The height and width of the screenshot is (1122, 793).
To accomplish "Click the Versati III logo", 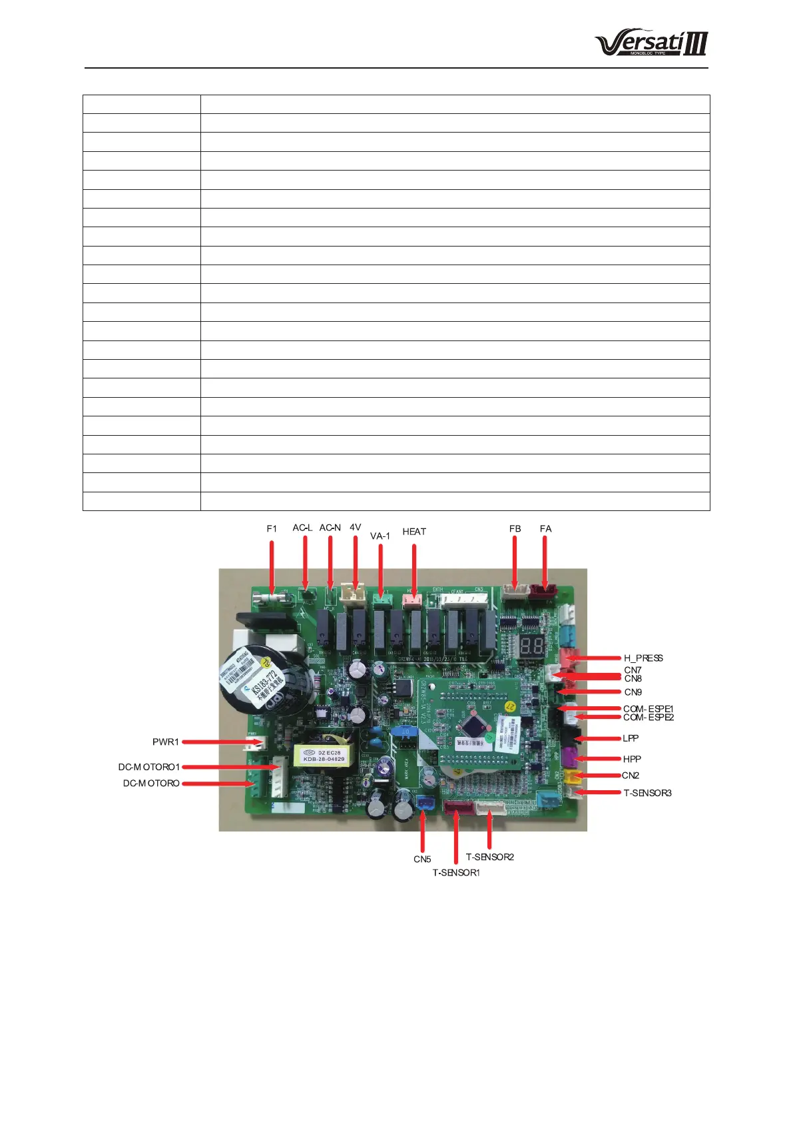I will (x=651, y=43).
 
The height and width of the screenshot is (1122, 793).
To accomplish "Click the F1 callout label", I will (x=272, y=528).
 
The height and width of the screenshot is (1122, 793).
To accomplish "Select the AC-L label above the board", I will (x=302, y=528).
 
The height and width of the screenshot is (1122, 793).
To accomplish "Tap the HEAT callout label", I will (x=414, y=532).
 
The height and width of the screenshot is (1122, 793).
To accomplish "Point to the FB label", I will (x=515, y=528).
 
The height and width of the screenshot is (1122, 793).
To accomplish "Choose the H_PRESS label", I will (x=643, y=658).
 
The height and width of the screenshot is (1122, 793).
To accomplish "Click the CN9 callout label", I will (x=633, y=692).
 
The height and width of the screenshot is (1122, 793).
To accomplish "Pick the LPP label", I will (x=631, y=738).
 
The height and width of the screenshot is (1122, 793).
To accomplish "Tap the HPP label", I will (x=632, y=759).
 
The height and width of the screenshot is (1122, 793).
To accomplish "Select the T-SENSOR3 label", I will (x=647, y=793).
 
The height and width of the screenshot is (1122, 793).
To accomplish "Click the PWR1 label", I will (x=165, y=742).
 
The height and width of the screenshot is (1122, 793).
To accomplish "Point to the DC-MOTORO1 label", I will (x=149, y=767).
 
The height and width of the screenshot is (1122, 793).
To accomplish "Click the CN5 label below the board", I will (x=422, y=859).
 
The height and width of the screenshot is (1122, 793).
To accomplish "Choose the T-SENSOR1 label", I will (x=456, y=873).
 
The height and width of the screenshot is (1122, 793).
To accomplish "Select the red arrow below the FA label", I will (x=545, y=562).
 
